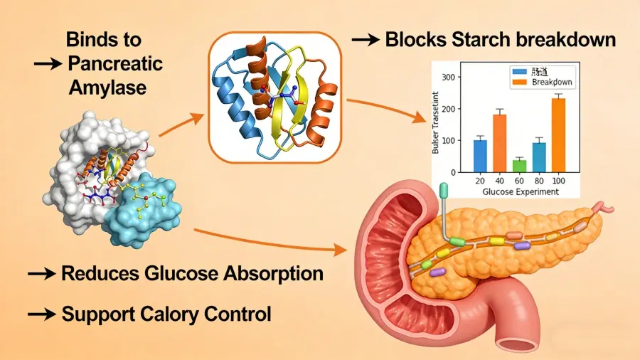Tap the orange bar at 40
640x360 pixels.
[x=499, y=143]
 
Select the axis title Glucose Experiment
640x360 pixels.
[x=520, y=191]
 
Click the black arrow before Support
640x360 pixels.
[x=41, y=314]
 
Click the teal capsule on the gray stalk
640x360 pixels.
[x=444, y=191]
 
